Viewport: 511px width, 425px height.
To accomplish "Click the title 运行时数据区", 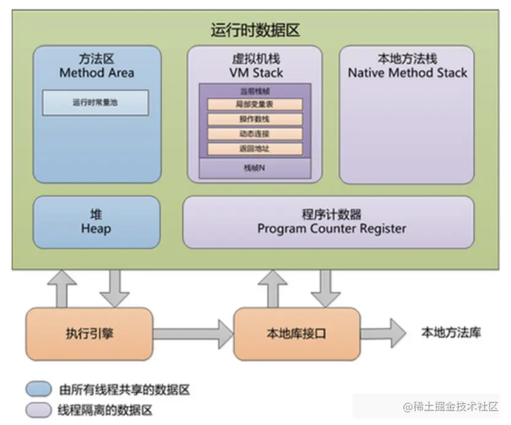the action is coord(255,30).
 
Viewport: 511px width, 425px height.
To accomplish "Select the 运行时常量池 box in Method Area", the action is coord(95,103).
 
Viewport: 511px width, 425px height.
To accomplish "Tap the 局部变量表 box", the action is coord(255,104).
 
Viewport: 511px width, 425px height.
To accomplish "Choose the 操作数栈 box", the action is coord(255,119).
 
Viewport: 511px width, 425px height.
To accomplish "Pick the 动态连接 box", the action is coord(255,134).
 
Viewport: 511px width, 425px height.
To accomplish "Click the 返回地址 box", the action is coord(255,149).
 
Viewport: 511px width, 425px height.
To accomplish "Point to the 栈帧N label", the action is coord(254,168).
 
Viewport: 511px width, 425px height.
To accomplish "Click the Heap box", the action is coord(97,222).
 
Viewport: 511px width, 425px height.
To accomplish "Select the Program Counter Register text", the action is coord(332,229).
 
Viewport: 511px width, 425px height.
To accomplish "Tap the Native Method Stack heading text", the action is coord(407,72).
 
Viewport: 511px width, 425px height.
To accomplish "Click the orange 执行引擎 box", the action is coord(89,333).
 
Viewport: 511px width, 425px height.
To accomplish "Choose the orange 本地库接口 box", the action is coord(297,333).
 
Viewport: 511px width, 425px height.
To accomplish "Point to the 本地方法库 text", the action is coord(451,333).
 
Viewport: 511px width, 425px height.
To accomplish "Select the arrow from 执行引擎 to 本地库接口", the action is coord(193,334).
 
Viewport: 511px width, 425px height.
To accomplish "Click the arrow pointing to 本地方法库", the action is coord(383,333).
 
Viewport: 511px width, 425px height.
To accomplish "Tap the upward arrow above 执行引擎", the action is coord(62,289).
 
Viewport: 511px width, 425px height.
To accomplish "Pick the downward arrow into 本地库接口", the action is coord(326,289).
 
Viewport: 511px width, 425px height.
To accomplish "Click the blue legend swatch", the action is coord(39,389).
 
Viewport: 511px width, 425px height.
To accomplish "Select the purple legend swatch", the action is coord(39,410).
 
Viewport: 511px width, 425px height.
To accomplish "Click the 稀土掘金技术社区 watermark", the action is coord(451,407).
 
